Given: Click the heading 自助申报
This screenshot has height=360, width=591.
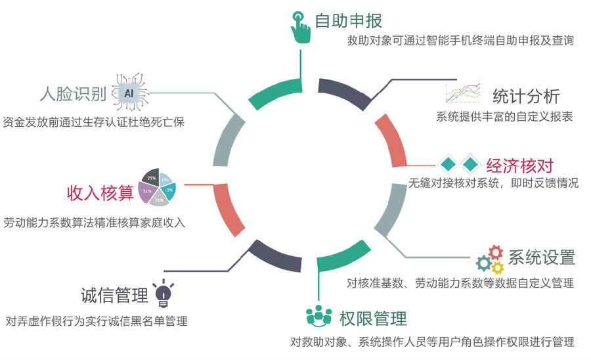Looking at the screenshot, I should pos(348,20).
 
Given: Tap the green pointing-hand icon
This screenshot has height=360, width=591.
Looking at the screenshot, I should pos(301,27).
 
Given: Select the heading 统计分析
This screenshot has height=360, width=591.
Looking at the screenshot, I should pos(526,96).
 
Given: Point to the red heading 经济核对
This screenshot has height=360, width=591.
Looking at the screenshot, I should pos(520,165).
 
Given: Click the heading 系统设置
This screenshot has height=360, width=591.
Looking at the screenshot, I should pos(542,257).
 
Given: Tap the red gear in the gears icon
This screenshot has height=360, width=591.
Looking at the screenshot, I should pos(496,252).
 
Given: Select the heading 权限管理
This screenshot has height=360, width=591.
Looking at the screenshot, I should pos(373,319).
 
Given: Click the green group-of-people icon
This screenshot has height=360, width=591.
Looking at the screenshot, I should pos(319,316).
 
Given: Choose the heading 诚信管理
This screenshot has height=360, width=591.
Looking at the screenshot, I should pos(114,296).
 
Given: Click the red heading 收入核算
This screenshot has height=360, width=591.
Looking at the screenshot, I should pos(100,192).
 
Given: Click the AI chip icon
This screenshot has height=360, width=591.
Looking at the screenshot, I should pos(129,93).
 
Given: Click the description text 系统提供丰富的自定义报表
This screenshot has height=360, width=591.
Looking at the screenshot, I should pos(504,117).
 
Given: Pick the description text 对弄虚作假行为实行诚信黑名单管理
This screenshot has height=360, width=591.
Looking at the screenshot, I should pos(97,321).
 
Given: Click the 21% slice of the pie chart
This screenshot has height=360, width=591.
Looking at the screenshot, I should pos(159,199).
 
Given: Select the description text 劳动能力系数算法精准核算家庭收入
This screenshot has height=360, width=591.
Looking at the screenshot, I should pos(95,223).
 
